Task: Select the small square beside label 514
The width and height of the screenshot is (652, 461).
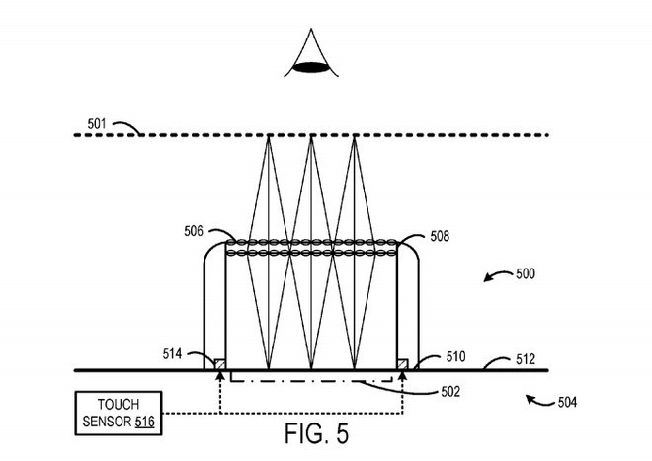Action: point(219,365)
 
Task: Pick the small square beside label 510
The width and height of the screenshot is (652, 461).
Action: point(403,365)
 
